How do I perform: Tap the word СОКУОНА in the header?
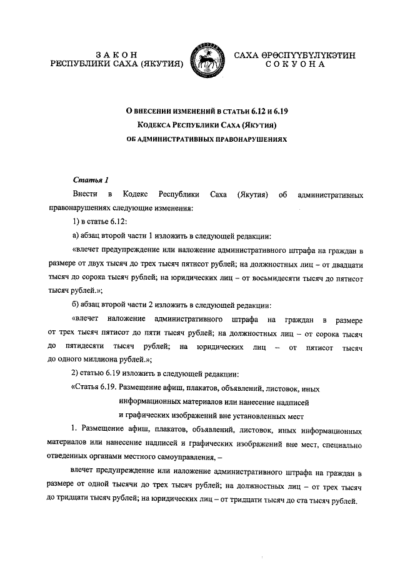(x=294, y=64)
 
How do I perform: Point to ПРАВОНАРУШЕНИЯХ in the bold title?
(x=237, y=140)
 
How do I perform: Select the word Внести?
(x=85, y=195)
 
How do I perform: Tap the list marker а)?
(x=76, y=237)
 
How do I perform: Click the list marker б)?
(x=76, y=305)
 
